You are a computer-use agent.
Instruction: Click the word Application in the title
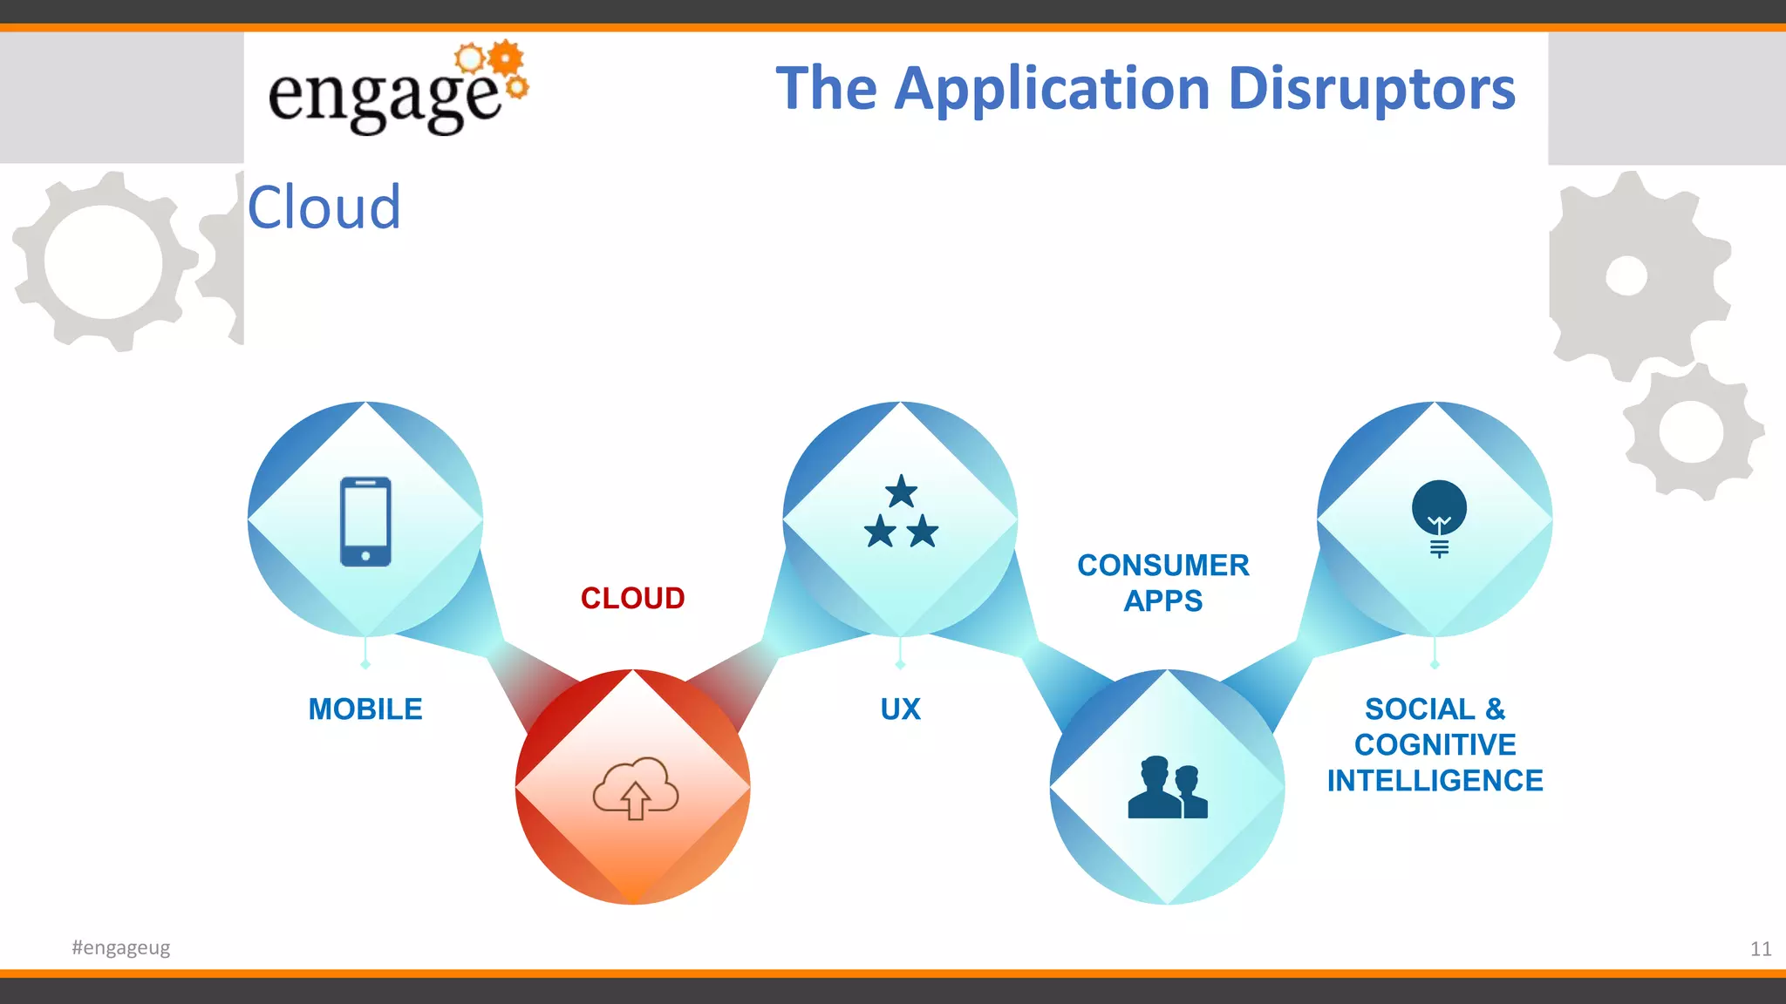coord(1053,89)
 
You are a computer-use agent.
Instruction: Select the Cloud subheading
coord(324,207)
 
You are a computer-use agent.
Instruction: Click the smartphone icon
coord(365,521)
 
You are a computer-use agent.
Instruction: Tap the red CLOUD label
coord(632,598)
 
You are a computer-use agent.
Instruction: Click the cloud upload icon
coord(635,788)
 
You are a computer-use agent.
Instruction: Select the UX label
coord(900,709)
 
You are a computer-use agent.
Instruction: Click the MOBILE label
coord(365,709)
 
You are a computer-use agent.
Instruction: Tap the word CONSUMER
coord(1163,566)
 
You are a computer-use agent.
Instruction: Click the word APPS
coord(1163,601)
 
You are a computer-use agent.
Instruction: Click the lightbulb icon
coord(1439,516)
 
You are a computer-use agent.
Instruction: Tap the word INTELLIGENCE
coord(1435,781)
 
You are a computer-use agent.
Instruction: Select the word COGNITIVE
coord(1435,745)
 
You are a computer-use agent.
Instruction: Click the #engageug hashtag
coord(121,947)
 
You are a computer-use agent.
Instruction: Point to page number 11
coord(1760,949)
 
